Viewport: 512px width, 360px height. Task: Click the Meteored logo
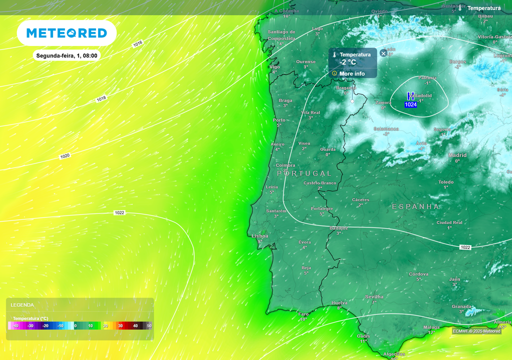click(66, 33)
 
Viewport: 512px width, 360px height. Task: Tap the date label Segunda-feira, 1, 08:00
click(66, 55)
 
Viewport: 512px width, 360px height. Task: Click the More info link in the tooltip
click(352, 73)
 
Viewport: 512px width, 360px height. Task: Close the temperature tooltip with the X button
click(383, 53)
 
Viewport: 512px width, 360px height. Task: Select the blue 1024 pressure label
click(410, 104)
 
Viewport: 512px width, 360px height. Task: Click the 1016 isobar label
click(137, 44)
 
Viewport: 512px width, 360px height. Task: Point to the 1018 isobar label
click(101, 99)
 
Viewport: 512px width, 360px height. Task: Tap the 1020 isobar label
click(65, 156)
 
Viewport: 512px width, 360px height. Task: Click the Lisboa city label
click(260, 236)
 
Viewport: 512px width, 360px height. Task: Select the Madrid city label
click(457, 155)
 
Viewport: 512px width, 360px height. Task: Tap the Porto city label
click(279, 120)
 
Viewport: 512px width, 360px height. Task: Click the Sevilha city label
click(374, 296)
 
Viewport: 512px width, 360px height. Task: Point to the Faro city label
click(303, 314)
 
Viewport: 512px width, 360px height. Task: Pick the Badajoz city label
click(339, 228)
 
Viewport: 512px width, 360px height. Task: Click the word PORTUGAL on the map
click(304, 173)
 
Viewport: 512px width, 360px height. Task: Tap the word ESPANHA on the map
click(415, 206)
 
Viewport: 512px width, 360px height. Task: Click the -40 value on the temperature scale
click(15, 325)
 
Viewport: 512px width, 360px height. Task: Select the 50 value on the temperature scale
click(149, 325)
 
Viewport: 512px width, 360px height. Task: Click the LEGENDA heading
click(22, 304)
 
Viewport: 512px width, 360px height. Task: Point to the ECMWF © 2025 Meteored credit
click(476, 331)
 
